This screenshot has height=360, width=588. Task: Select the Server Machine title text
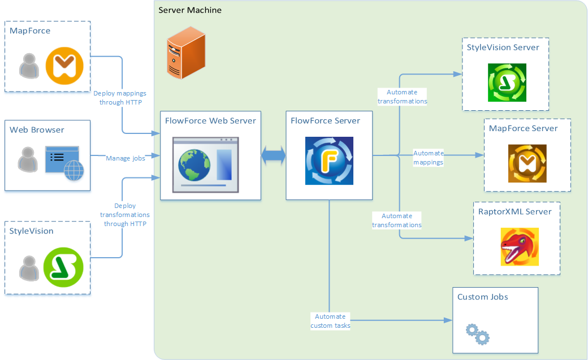[x=190, y=10]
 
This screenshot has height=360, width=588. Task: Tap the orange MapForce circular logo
[x=64, y=66]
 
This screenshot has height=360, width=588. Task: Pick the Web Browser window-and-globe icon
[x=64, y=163]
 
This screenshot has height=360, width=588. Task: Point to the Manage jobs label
[x=126, y=158]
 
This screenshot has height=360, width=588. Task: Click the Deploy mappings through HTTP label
[x=120, y=98]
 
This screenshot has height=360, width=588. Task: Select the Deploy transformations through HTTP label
[x=124, y=215]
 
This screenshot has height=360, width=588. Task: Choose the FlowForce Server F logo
[x=329, y=161]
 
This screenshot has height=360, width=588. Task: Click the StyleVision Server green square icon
[x=507, y=83]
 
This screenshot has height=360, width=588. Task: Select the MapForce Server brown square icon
[x=527, y=163]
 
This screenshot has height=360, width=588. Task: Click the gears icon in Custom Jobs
[x=477, y=334]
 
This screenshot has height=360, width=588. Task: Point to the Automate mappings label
[x=428, y=158]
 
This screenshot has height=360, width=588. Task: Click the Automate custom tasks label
[x=330, y=321]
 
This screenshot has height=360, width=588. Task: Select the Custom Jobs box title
[x=482, y=297]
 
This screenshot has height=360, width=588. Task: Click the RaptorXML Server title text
[x=515, y=211]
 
